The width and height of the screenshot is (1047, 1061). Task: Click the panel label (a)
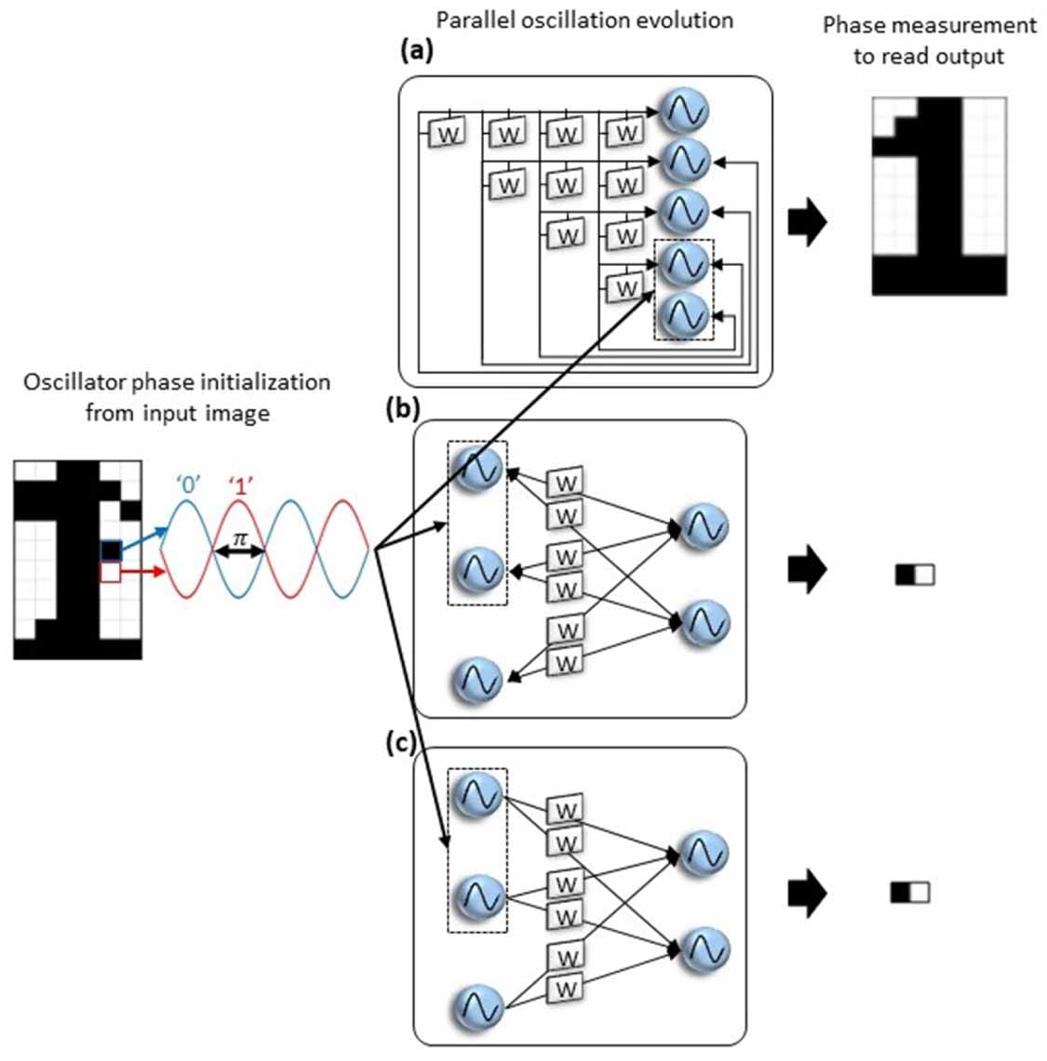(417, 51)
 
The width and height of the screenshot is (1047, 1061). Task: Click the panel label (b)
(403, 409)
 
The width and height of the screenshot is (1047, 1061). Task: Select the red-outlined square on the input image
(110, 573)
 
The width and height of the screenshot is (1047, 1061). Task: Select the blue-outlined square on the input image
(111, 550)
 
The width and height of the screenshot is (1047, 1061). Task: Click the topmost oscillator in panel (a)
(683, 111)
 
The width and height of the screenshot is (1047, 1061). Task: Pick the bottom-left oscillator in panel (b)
(477, 680)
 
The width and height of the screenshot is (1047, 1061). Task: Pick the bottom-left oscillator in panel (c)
(477, 1007)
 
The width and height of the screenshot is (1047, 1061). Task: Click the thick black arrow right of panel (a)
(806, 224)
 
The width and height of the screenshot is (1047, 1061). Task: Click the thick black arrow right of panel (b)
(806, 572)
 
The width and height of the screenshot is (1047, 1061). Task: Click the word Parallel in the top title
(472, 20)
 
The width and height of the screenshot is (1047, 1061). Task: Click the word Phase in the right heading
(849, 25)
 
